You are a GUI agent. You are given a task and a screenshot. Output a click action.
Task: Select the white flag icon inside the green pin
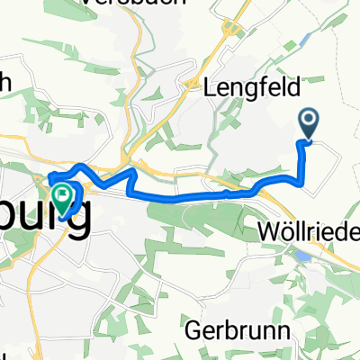64,193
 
